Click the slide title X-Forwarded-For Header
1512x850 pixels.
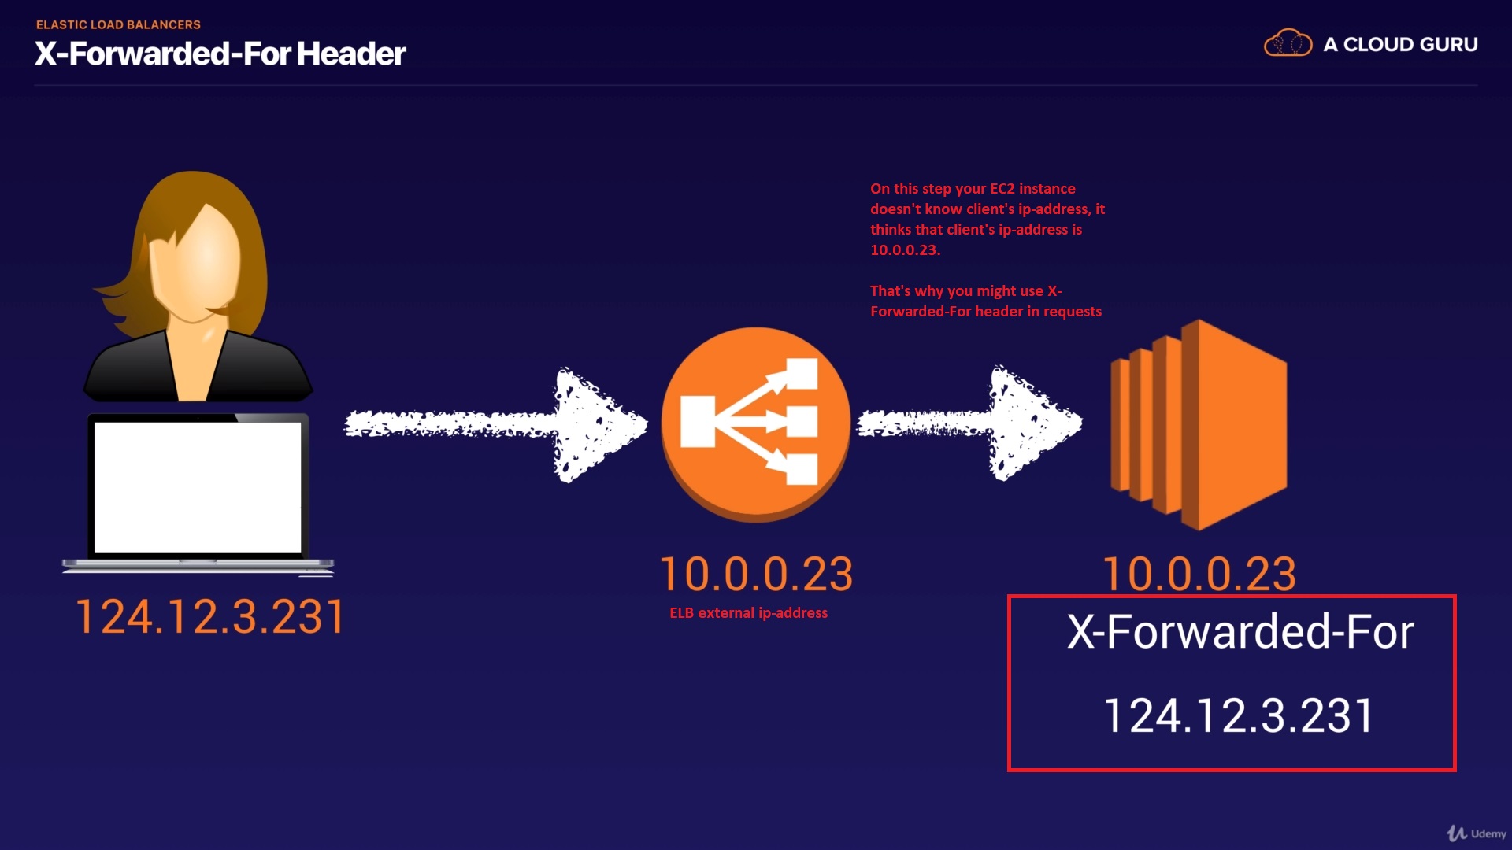[220, 54]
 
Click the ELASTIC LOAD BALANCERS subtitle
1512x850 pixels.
[118, 24]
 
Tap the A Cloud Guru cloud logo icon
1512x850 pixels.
[1288, 43]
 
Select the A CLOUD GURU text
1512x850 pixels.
[1400, 45]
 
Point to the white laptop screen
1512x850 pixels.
[198, 486]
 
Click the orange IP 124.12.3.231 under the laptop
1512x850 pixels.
[209, 616]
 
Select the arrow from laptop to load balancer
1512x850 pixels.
[496, 424]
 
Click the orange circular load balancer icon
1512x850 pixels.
[755, 423]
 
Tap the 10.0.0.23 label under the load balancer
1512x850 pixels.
[756, 574]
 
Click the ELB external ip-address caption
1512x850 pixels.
[748, 613]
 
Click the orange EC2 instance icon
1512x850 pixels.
[1199, 425]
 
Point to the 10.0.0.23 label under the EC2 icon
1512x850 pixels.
[1199, 574]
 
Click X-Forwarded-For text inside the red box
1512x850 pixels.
[1240, 631]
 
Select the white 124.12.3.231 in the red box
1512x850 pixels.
[1239, 716]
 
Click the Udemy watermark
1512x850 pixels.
[1477, 833]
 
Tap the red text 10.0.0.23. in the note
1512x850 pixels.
[905, 250]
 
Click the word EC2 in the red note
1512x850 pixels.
[1002, 189]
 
